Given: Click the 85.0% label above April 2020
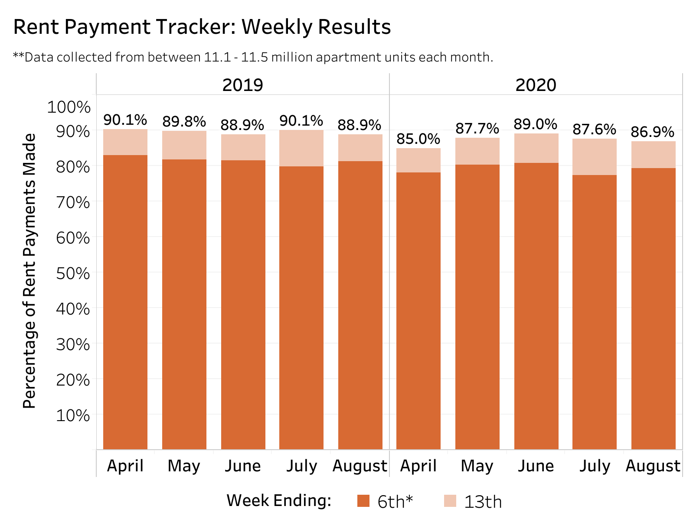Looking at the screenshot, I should pyautogui.click(x=418, y=139).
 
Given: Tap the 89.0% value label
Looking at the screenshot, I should pyautogui.click(x=535, y=124).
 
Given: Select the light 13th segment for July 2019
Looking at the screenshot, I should pyautogui.click(x=301, y=148).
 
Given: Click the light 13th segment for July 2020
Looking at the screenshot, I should pyautogui.click(x=594, y=157).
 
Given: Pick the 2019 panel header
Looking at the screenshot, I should pyautogui.click(x=242, y=85).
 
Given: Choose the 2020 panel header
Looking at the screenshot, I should pyautogui.click(x=536, y=85).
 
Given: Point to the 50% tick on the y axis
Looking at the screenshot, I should pyautogui.click(x=73, y=273).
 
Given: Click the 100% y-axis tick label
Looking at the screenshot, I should pyautogui.click(x=69, y=107).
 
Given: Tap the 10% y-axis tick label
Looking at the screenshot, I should pyautogui.click(x=73, y=415).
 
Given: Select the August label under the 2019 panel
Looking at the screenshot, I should pyautogui.click(x=360, y=466).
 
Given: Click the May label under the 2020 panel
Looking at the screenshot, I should pyautogui.click(x=477, y=466).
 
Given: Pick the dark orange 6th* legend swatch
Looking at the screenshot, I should pyautogui.click(x=363, y=501).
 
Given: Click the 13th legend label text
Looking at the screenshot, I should pyautogui.click(x=483, y=502).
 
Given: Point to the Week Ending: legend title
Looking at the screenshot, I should pyautogui.click(x=279, y=500).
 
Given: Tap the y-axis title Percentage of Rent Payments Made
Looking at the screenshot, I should pyautogui.click(x=29, y=271).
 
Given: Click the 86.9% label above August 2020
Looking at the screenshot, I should pyautogui.click(x=652, y=132).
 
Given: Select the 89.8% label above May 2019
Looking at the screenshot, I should pyautogui.click(x=184, y=122).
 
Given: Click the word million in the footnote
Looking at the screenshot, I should pyautogui.click(x=288, y=57).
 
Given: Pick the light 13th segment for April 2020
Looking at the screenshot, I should pyautogui.click(x=418, y=160).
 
